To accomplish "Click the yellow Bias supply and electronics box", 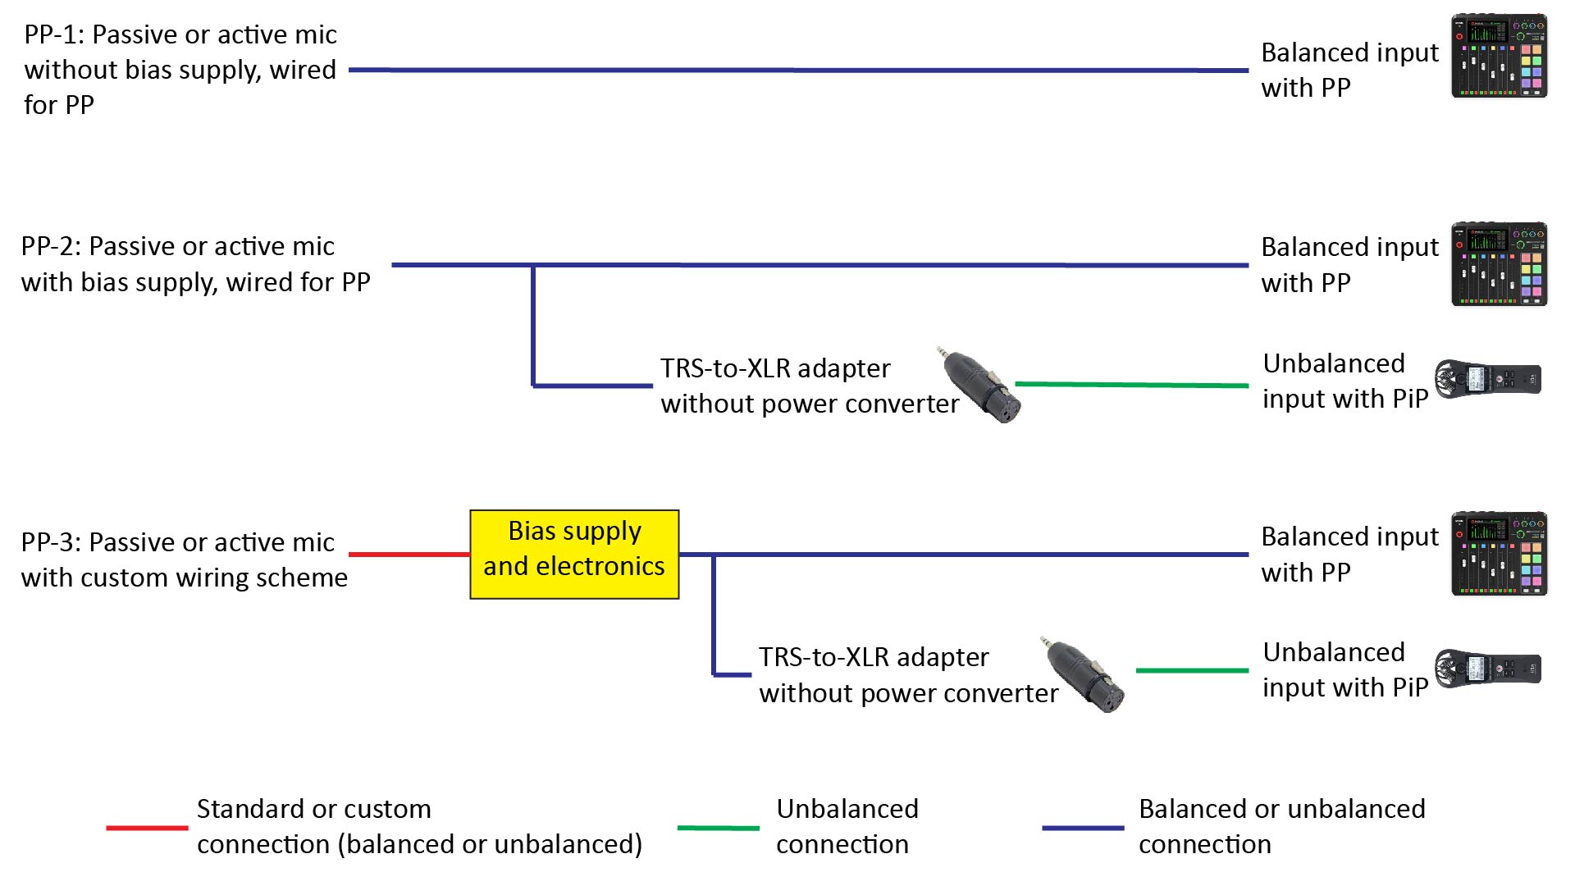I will point(574,555).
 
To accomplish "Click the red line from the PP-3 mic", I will point(409,555).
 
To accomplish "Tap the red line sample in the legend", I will point(147,828).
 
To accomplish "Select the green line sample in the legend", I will point(718,828).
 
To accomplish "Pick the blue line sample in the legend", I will point(1082,828).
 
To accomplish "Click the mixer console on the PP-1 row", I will point(1499,56).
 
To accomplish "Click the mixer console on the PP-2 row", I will point(1499,264).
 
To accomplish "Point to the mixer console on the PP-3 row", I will point(1499,554).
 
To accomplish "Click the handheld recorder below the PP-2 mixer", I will point(1487,379).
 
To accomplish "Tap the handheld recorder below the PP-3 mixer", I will point(1487,669).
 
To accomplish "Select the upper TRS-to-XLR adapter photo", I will point(980,385).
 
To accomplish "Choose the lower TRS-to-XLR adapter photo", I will point(1084,674).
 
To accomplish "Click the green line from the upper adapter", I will point(1132,384).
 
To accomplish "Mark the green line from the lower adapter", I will point(1192,670).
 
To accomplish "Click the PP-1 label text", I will point(180,70).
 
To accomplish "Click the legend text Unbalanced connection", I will point(846,826).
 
